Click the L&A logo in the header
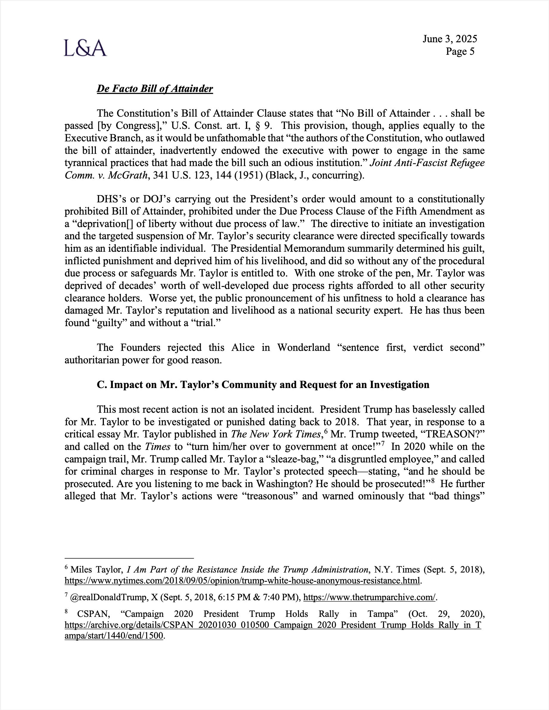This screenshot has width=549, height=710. pos(85,48)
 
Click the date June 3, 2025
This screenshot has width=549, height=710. pos(450,39)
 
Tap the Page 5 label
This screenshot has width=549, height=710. pos(460,52)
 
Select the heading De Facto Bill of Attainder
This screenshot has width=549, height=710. pos(155,89)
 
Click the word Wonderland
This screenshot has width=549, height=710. pos(303,348)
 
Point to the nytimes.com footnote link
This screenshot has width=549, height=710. pos(242,581)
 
